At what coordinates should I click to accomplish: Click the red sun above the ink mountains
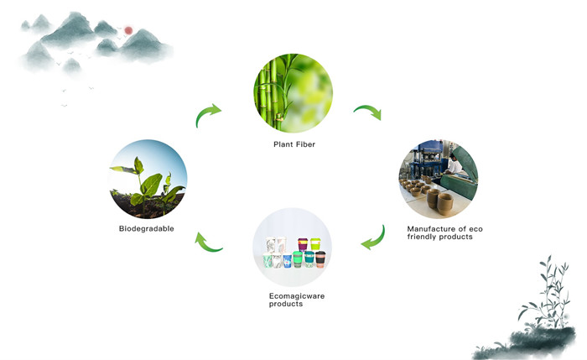click(128, 30)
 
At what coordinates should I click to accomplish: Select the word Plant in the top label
click(283, 144)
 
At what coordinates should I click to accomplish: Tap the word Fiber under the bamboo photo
click(306, 144)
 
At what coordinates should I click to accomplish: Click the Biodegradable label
click(147, 228)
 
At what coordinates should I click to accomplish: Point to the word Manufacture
click(431, 228)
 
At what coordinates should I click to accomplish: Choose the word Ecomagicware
click(297, 296)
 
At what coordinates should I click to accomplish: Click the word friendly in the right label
click(422, 237)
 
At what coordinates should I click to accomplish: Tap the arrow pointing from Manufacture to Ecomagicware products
click(375, 240)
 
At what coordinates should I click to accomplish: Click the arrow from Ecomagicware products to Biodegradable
click(206, 243)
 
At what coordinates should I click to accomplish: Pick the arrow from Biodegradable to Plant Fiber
click(206, 113)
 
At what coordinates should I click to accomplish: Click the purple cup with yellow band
click(303, 244)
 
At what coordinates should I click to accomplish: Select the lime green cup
click(315, 244)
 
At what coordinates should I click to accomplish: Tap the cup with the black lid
click(320, 259)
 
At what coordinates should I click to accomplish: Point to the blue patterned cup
click(287, 261)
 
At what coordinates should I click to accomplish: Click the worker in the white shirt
click(455, 164)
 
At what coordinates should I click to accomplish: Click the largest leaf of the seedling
click(152, 185)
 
